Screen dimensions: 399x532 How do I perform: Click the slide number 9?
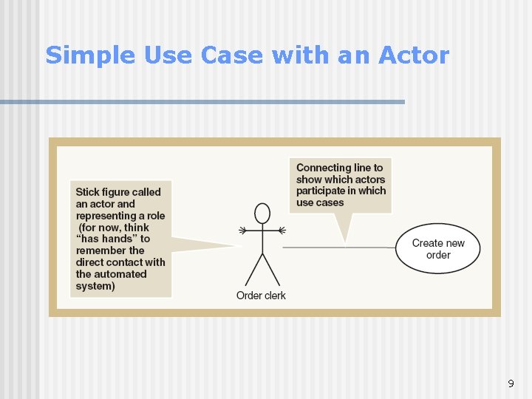click(x=510, y=383)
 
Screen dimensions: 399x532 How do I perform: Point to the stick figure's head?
click(x=262, y=214)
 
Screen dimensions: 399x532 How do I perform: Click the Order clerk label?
click(x=261, y=296)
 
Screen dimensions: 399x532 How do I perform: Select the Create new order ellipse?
click(x=438, y=249)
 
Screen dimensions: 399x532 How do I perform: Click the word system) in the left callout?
click(x=95, y=286)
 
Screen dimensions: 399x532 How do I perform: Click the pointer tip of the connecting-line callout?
click(x=344, y=243)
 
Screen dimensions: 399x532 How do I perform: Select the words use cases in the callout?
click(x=320, y=202)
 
